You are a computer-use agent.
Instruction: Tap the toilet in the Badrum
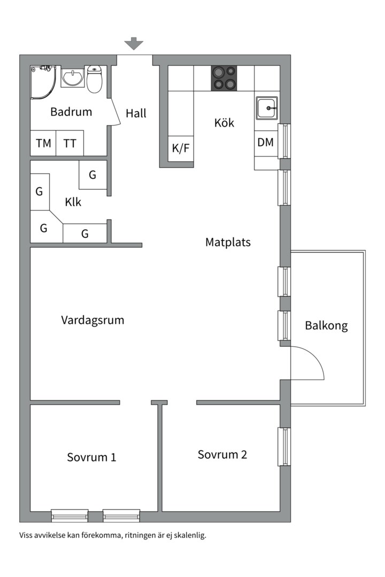tap(95, 79)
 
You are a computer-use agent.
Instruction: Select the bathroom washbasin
tap(72, 78)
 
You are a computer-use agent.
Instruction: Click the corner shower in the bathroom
tap(42, 80)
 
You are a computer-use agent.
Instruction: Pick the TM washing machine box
tap(43, 143)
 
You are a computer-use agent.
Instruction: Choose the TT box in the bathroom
tap(70, 143)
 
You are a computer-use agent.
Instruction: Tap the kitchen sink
tap(266, 108)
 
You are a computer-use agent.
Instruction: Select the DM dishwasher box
tap(265, 143)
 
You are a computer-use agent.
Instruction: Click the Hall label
tap(136, 113)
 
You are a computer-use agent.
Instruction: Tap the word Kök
tap(224, 122)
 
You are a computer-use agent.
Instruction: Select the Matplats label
tap(228, 242)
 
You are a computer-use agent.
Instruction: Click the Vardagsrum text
tap(93, 320)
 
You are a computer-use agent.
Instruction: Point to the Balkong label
tap(326, 325)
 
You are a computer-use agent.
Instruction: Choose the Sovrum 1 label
tap(91, 457)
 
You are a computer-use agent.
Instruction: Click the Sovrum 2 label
tap(222, 455)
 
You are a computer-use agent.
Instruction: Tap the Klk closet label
tap(73, 202)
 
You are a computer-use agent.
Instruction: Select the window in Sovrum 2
tap(284, 447)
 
